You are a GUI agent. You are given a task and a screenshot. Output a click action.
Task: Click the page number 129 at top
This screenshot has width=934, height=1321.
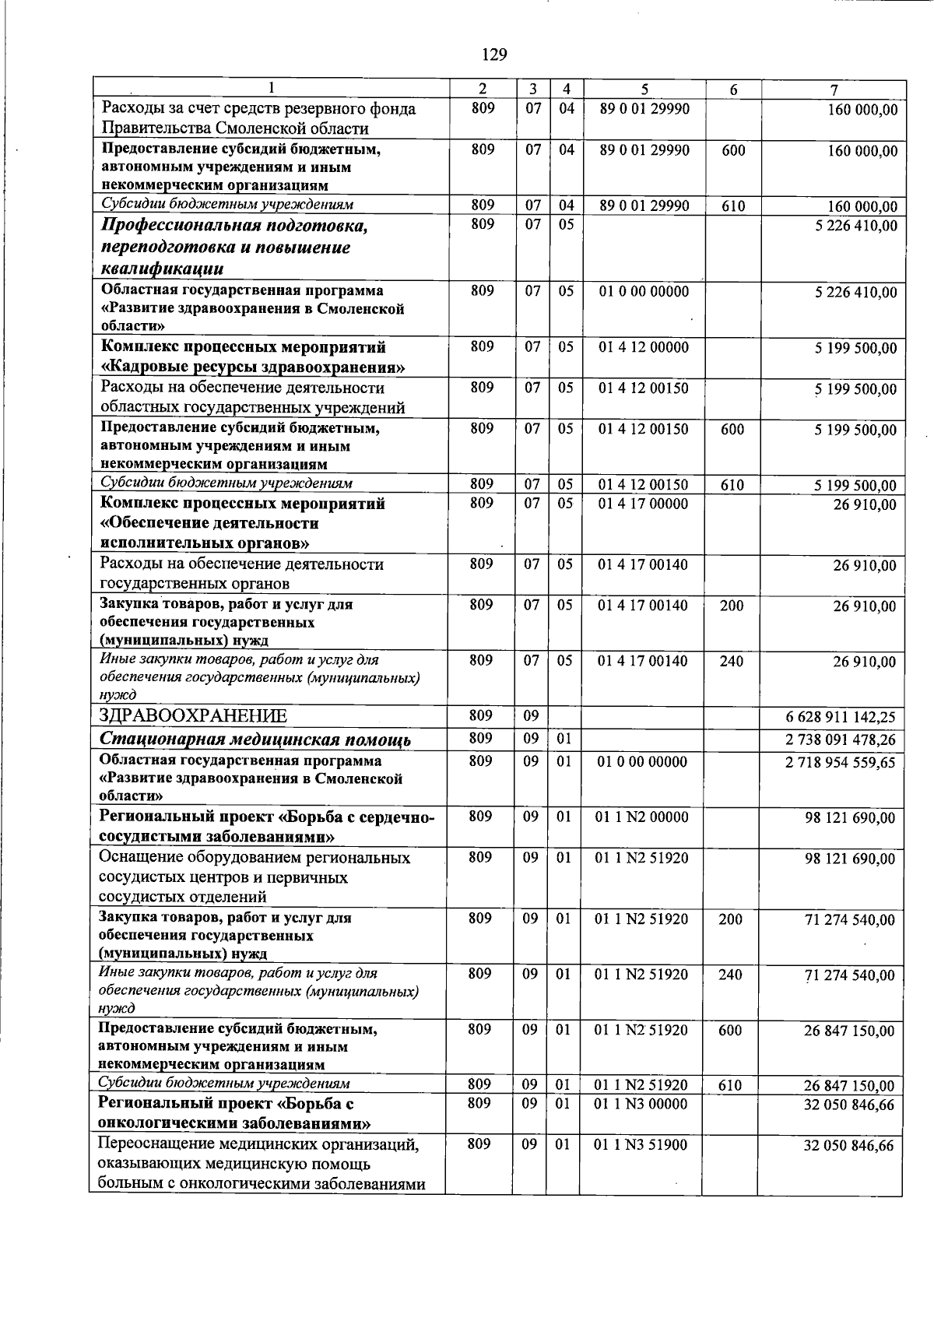[x=494, y=54]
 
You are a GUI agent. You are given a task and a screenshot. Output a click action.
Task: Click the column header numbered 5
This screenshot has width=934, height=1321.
[x=645, y=89]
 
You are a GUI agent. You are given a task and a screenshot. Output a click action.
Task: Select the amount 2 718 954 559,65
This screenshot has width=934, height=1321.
[x=840, y=762]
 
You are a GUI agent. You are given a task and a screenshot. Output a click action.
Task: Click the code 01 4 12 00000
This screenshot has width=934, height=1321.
[x=644, y=347]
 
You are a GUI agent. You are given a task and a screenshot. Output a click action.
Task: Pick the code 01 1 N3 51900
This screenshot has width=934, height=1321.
[x=641, y=1145]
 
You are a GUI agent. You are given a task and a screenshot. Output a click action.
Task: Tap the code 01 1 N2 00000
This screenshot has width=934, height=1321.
[x=641, y=817]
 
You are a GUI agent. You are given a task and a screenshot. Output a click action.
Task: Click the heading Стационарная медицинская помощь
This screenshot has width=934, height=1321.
[x=255, y=740]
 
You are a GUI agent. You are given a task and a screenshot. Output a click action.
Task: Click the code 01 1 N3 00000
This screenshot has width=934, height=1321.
[x=641, y=1104]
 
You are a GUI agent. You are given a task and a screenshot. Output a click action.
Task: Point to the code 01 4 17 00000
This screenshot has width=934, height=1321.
[x=643, y=504]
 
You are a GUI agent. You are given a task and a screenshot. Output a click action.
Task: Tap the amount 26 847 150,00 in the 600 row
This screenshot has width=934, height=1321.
[x=849, y=1031]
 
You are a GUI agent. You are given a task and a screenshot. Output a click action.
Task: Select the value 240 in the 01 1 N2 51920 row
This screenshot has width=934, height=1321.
[x=730, y=975]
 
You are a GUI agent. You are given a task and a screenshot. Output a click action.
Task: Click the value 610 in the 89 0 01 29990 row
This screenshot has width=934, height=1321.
[x=733, y=206]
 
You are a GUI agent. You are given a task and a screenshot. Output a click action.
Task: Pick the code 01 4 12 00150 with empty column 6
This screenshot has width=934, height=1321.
[x=643, y=388]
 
